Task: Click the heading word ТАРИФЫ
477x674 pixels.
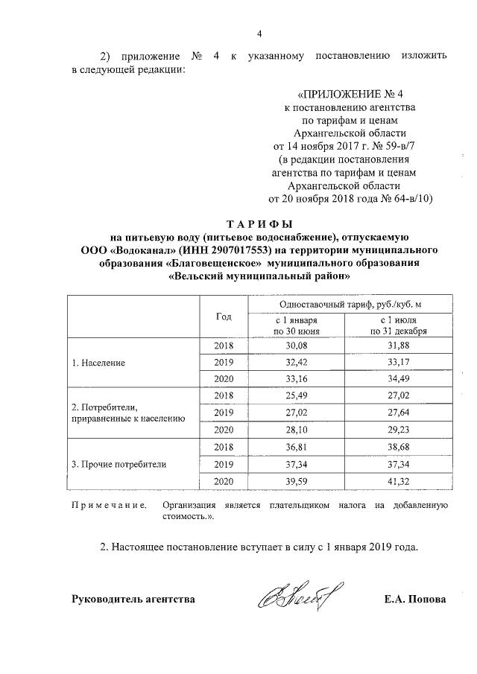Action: coord(259,223)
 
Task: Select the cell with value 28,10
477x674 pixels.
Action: coord(297,430)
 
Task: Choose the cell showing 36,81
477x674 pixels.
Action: coord(297,448)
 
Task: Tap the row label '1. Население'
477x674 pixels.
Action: coord(98,363)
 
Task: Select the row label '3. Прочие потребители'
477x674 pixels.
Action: coord(118,465)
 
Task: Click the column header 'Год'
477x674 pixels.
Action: coord(224,316)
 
